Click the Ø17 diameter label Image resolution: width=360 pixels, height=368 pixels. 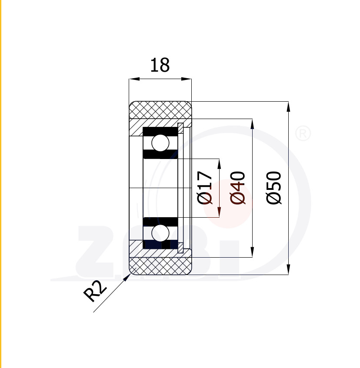(205, 188)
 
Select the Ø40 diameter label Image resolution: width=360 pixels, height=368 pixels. (238, 188)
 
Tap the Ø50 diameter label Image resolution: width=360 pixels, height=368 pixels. (274, 188)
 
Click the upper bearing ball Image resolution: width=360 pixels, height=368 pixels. (160, 143)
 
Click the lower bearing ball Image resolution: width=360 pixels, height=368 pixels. (160, 232)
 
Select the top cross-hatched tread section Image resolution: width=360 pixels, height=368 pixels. (160, 109)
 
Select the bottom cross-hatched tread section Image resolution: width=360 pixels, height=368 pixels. (160, 265)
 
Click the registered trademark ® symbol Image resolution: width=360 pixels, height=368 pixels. (303, 134)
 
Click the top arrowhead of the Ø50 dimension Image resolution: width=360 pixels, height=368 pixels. (288, 105)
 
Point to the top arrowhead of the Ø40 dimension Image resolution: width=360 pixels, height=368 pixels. (252, 123)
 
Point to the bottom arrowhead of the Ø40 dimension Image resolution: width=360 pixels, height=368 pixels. (252, 252)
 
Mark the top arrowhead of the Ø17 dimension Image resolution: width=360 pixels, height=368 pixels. (219, 162)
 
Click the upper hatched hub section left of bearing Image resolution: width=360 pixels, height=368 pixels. (136, 128)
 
